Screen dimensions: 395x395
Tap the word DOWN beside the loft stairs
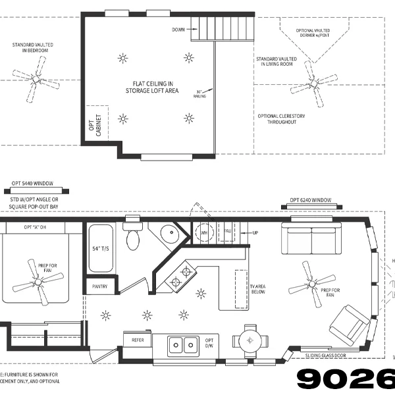(x=178, y=30)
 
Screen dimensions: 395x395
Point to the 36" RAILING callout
(x=200, y=93)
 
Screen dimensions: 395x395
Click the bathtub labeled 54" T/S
(x=101, y=249)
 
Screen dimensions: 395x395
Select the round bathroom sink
(x=168, y=234)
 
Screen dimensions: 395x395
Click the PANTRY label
(x=100, y=286)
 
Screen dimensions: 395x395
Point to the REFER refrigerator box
(x=138, y=340)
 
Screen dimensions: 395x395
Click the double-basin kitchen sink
(x=184, y=344)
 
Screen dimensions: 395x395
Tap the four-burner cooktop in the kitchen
(x=182, y=276)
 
